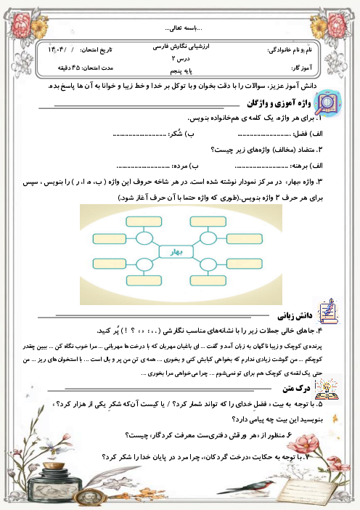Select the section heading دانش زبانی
tap(292, 317)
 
